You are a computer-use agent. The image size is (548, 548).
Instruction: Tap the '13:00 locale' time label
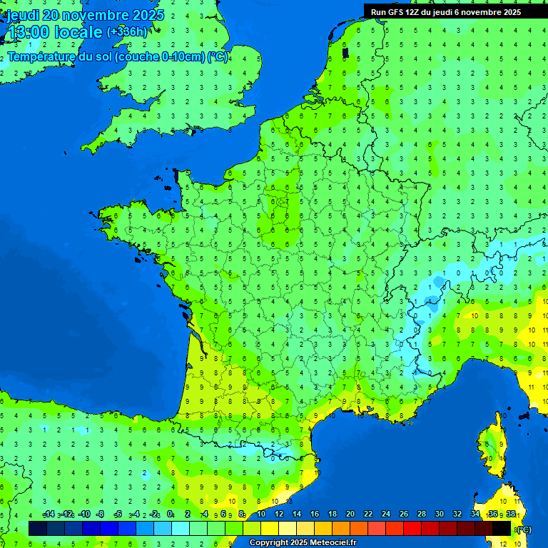[x=55, y=32]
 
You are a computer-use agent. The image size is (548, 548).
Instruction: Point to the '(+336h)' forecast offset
[x=127, y=31]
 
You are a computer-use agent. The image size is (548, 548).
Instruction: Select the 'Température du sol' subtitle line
[x=118, y=57]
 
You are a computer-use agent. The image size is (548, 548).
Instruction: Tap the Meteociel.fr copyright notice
[x=302, y=543]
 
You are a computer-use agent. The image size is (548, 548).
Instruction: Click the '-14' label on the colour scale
[x=49, y=514]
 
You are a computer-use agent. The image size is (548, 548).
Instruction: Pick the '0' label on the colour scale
[x=170, y=514]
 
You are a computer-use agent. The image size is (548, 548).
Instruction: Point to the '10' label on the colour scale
[x=261, y=514]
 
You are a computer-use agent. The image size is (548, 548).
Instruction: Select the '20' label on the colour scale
[x=350, y=514]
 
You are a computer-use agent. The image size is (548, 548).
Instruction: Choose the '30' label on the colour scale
[x=440, y=514]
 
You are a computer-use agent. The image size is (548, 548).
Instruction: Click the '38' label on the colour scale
[x=510, y=514]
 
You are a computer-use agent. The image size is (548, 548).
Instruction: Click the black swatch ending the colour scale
[x=502, y=528]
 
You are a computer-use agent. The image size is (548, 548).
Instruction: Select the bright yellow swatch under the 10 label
[x=270, y=528]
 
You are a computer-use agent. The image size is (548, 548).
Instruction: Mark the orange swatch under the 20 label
[x=359, y=528]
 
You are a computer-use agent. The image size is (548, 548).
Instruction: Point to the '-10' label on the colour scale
[x=84, y=514]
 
